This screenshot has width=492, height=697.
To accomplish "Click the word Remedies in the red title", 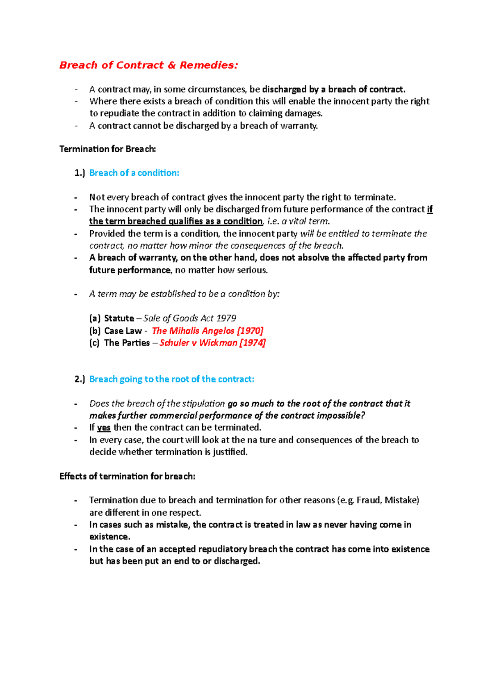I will [x=208, y=65].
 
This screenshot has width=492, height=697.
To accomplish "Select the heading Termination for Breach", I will [x=107, y=149].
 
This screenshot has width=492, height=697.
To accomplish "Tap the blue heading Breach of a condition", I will [x=134, y=173].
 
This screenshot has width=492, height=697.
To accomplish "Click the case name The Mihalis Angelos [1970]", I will [x=207, y=331].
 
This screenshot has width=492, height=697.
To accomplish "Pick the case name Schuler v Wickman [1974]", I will [x=212, y=343].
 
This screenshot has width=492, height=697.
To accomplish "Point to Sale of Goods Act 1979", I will [x=190, y=319].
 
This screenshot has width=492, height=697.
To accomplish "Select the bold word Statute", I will [x=119, y=319].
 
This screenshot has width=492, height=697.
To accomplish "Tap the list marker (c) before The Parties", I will [x=94, y=343].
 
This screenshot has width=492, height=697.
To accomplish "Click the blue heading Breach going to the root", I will [x=171, y=379].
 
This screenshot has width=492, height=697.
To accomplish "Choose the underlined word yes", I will [x=104, y=428].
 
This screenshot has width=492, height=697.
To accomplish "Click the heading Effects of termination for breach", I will [x=127, y=476].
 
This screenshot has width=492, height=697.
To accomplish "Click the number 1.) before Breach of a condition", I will [x=80, y=173].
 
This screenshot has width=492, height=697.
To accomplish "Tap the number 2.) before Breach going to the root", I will [x=80, y=379].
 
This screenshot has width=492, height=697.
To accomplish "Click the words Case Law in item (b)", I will [x=123, y=331].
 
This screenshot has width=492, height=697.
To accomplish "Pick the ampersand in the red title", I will [x=171, y=65].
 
